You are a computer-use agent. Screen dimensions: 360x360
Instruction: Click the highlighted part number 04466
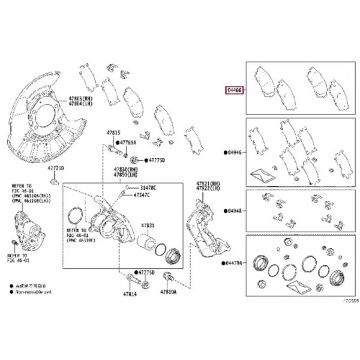click(x=234, y=91)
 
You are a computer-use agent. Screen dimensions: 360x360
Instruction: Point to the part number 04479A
click(x=235, y=262)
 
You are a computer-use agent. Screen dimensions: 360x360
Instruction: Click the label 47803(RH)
click(x=80, y=97)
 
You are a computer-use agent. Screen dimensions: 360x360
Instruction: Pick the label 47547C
click(x=142, y=196)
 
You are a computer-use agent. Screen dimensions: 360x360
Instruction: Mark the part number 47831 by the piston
click(x=148, y=226)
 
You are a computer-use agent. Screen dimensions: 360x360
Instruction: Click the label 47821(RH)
click(x=208, y=182)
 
